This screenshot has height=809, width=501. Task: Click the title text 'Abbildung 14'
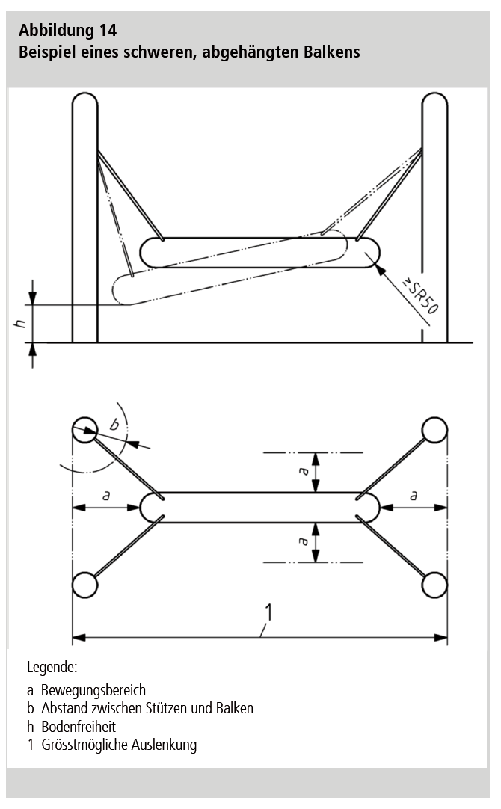67,31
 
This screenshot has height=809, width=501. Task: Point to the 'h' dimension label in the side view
19,324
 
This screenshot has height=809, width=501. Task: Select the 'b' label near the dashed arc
114,424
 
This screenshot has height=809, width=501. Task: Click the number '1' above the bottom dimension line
268,612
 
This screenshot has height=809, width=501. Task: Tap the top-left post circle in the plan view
84,430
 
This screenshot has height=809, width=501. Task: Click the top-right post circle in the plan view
434,430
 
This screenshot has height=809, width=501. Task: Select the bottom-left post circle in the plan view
84,585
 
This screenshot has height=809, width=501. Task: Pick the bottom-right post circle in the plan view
434,585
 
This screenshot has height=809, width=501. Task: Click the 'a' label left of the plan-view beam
106,496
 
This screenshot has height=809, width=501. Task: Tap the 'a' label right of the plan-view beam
414,496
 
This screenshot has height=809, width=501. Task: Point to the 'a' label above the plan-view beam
304,470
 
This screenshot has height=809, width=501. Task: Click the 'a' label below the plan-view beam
304,541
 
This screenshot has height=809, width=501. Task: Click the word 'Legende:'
52,668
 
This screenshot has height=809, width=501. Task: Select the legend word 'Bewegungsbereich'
93,690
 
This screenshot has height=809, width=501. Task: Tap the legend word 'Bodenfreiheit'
79,727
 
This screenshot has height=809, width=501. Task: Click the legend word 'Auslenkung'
164,745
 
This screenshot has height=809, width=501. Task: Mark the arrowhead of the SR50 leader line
380,269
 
